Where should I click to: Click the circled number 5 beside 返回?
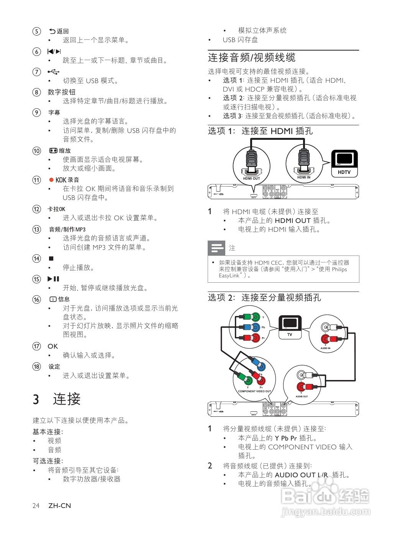point(36,31)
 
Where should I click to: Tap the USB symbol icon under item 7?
point(54,72)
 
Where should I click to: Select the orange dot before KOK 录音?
point(51,180)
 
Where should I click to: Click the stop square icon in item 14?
point(51,259)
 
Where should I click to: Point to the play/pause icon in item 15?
point(53,279)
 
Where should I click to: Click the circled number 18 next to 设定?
point(36,367)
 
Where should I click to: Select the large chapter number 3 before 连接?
point(36,400)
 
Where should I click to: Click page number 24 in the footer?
point(36,506)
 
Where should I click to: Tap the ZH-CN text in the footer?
point(60,506)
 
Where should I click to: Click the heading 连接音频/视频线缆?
point(252,58)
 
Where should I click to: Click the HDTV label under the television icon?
point(344,172)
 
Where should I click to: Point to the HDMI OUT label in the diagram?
point(251,179)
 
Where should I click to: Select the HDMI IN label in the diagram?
point(304,177)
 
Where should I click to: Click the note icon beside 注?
point(216,248)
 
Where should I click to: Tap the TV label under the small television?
point(290,334)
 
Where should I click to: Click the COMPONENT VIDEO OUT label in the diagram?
point(254,391)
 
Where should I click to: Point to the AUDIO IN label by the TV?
point(325,348)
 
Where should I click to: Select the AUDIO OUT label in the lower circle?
point(302,396)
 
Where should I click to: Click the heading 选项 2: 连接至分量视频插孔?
point(264,298)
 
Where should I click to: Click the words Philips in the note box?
point(339,269)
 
